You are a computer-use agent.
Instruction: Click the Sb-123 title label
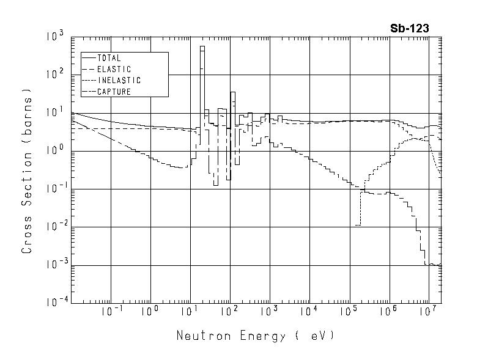tap(410, 28)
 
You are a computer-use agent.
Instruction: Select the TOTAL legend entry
tap(109, 58)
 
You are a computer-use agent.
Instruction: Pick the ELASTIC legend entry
tap(114, 69)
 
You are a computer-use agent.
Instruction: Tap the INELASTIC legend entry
tap(119, 80)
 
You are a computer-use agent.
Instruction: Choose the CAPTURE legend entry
tap(114, 92)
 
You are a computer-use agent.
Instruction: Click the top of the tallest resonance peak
tap(202, 46)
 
